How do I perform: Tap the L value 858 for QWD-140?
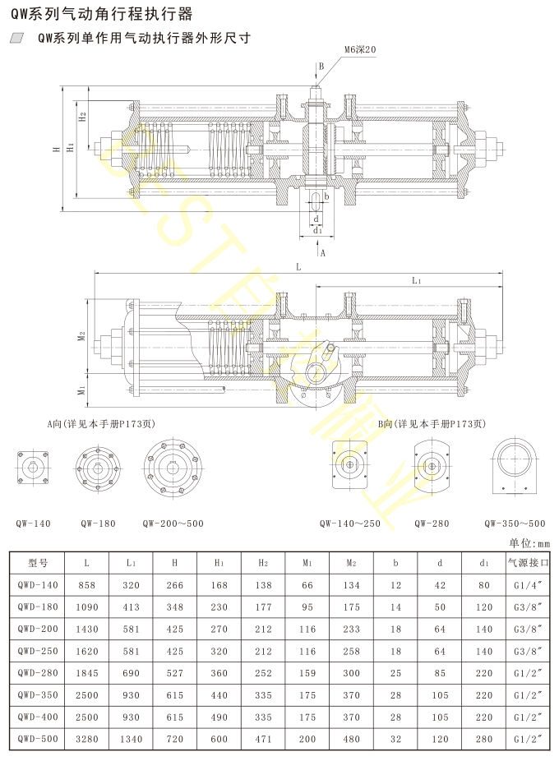point(86,585)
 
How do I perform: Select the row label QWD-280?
point(39,673)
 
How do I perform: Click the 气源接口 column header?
point(528,563)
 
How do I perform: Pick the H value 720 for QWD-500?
point(174,739)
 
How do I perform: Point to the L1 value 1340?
point(131,739)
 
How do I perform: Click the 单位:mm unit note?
point(529,542)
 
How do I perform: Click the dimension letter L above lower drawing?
point(298,268)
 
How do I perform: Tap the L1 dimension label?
point(416,281)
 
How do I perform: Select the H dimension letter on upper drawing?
point(56,149)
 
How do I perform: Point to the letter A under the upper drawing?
point(322,253)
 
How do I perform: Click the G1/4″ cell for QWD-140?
point(528,585)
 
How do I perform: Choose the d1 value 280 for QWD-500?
point(484,739)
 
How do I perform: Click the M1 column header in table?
point(307,563)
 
